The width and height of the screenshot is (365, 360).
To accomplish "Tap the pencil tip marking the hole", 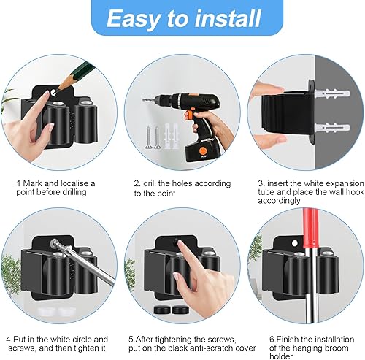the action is [x=56, y=92].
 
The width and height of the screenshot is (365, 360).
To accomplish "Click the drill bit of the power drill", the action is [x=148, y=100].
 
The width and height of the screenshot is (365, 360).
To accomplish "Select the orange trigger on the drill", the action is [x=188, y=115].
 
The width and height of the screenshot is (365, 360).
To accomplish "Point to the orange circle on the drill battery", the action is [x=202, y=150].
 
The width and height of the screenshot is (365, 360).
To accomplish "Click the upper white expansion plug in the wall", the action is [x=332, y=94].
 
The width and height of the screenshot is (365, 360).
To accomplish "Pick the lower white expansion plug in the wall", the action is [x=332, y=128].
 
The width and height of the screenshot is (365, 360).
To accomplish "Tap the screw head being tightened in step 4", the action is [x=54, y=243].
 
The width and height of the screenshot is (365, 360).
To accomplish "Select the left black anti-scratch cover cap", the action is [x=162, y=310].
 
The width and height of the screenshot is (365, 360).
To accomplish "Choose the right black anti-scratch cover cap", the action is [x=180, y=310].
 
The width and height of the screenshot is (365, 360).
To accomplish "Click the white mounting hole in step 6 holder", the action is [x=295, y=243].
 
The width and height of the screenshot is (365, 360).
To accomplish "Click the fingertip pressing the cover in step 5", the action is [x=180, y=243].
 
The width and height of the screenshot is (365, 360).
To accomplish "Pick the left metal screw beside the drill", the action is [x=148, y=137].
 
